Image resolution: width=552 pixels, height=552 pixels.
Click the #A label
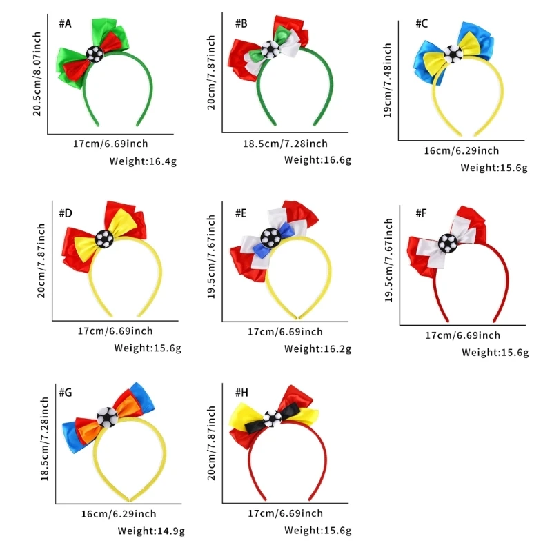(x=65, y=23)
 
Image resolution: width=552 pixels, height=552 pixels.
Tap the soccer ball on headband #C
(x=452, y=54)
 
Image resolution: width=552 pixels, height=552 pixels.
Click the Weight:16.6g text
(x=318, y=160)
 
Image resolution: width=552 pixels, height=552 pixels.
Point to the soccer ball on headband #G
(x=107, y=416)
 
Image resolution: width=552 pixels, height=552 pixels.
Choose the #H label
(x=241, y=393)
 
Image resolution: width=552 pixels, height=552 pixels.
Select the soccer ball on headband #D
(x=103, y=239)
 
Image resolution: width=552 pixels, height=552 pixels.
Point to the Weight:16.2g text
(x=318, y=349)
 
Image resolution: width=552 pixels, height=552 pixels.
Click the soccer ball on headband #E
(x=270, y=237)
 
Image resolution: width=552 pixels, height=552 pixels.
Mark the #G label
(x=66, y=393)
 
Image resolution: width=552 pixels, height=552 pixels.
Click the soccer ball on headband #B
(x=272, y=48)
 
